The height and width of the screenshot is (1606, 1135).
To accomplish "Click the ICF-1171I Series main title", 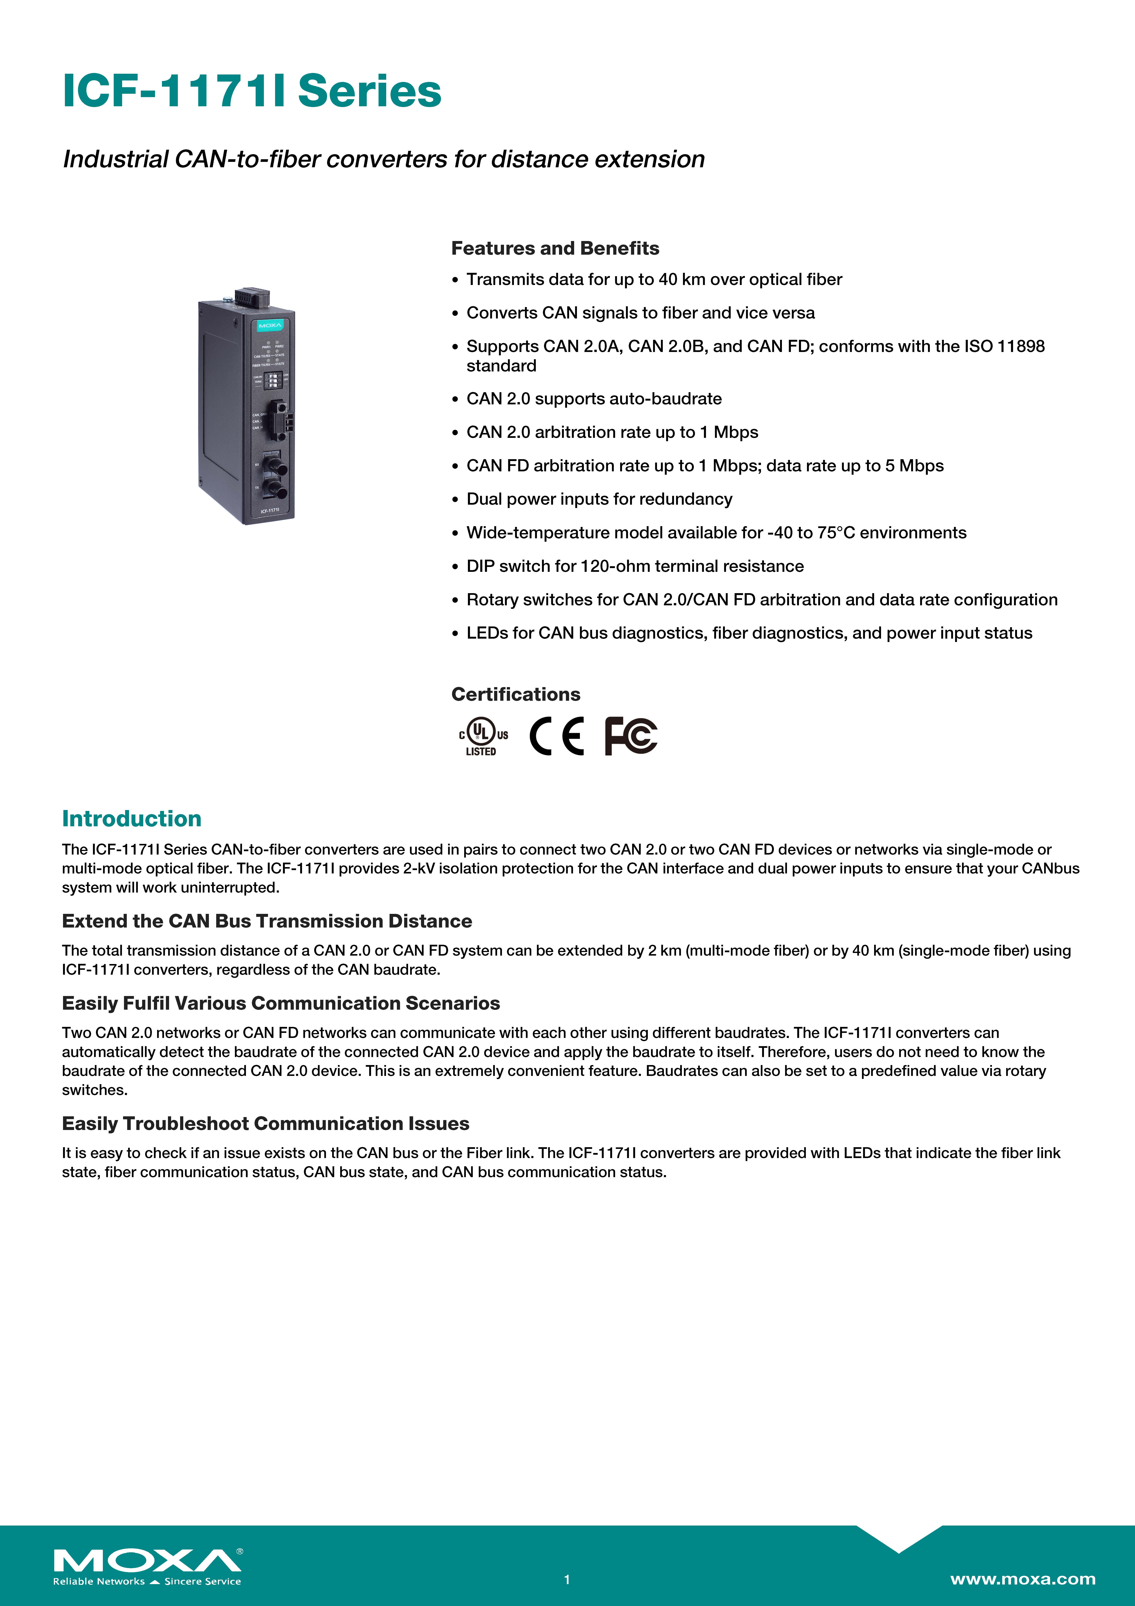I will point(252,92).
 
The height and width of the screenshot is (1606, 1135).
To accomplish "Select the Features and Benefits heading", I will point(555,248).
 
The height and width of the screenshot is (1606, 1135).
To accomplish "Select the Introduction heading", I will point(131,818).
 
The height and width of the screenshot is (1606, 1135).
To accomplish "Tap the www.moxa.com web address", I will point(1022,1579).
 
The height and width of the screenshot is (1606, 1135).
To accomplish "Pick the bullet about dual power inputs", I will point(599,499).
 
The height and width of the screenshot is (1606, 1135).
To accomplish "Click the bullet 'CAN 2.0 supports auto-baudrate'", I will point(594,399).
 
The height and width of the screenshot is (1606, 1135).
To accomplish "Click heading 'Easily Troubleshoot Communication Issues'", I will point(265,1123).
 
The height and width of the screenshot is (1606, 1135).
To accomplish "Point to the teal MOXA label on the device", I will point(269,326).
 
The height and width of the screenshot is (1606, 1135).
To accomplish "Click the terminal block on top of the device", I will point(252,297).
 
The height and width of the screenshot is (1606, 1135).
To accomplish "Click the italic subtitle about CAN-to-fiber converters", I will point(383,159).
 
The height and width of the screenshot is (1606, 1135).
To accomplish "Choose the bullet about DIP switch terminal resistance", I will point(635,566).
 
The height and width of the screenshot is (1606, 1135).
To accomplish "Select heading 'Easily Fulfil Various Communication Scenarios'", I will point(280,1003).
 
